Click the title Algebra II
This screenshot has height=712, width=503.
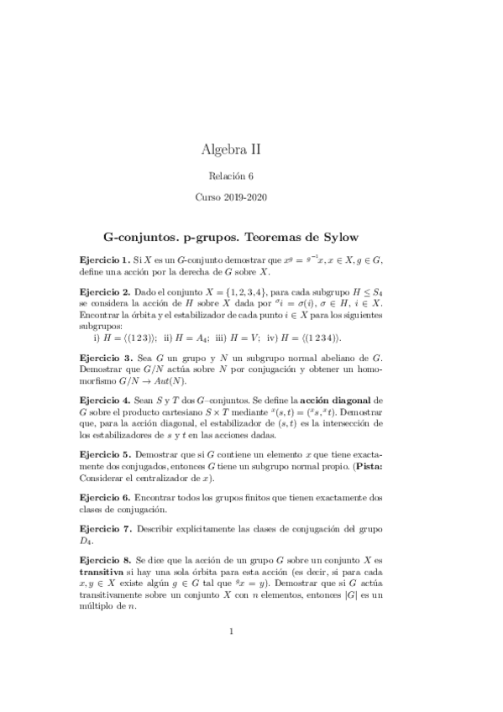pos(231,150)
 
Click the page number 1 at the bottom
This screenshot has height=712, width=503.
pos(231,655)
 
